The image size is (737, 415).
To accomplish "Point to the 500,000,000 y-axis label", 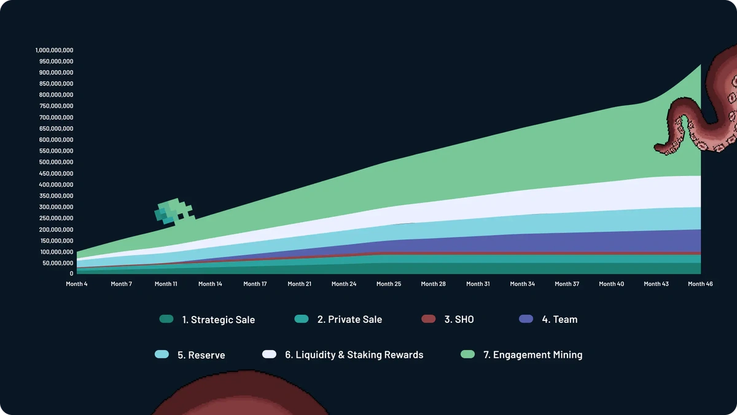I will pyautogui.click(x=56, y=162).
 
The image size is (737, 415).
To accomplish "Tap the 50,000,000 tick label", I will pyautogui.click(x=58, y=263).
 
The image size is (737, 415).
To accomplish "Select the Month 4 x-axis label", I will pyautogui.click(x=77, y=284).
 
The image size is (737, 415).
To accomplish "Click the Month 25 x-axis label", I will pyautogui.click(x=388, y=284).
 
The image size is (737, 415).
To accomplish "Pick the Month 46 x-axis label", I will pyautogui.click(x=700, y=284).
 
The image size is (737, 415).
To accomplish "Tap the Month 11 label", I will pyautogui.click(x=166, y=284).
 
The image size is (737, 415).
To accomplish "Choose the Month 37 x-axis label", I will pyautogui.click(x=567, y=284).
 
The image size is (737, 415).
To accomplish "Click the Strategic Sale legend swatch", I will pyautogui.click(x=166, y=319).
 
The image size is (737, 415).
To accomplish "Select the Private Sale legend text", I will pyautogui.click(x=349, y=320).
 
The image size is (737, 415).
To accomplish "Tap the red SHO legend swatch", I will pyautogui.click(x=428, y=319).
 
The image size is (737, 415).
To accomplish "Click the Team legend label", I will pyautogui.click(x=560, y=320).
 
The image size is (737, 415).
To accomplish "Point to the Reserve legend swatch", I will pyautogui.click(x=162, y=355).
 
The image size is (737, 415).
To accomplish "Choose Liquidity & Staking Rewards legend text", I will pyautogui.click(x=354, y=355).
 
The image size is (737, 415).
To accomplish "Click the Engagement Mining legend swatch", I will pyautogui.click(x=467, y=355).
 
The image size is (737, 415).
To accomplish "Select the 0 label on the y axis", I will pyautogui.click(x=71, y=274).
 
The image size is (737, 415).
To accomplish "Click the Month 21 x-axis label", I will pyautogui.click(x=300, y=284).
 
